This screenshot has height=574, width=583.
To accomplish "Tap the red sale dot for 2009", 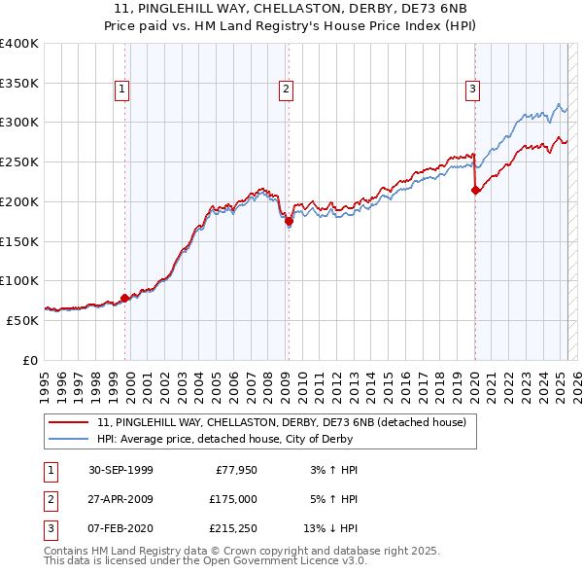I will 289,222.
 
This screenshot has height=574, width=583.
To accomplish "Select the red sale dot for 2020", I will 475,191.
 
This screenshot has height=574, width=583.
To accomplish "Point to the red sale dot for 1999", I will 125,299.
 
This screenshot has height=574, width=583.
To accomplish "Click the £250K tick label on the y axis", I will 18,161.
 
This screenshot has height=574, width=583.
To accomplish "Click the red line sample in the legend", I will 69,423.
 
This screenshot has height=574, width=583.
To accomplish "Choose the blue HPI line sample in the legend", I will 69,439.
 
